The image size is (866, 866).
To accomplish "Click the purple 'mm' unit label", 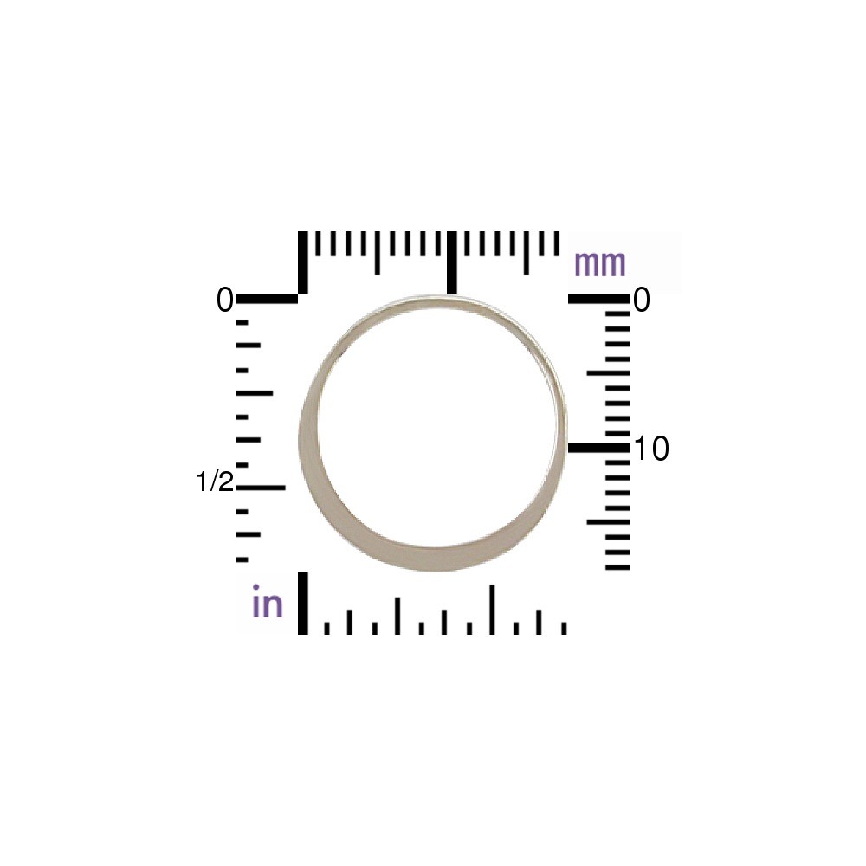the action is pyautogui.click(x=600, y=264).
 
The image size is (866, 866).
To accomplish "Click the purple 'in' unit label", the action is pyautogui.click(x=268, y=602).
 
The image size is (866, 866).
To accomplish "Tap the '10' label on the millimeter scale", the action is pyautogui.click(x=652, y=448).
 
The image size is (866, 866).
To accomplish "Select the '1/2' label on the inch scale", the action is pyautogui.click(x=215, y=481).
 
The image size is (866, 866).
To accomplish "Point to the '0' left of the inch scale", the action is pyautogui.click(x=225, y=301).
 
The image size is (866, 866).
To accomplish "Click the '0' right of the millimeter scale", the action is pyautogui.click(x=642, y=301).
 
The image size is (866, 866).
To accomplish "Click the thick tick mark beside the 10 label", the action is pyautogui.click(x=599, y=448).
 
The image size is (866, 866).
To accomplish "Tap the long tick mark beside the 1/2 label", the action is pyautogui.click(x=261, y=487).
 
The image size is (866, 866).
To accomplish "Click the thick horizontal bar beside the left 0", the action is pyautogui.click(x=267, y=299).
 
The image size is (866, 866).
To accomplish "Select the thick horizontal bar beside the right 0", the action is pyautogui.click(x=599, y=299).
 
